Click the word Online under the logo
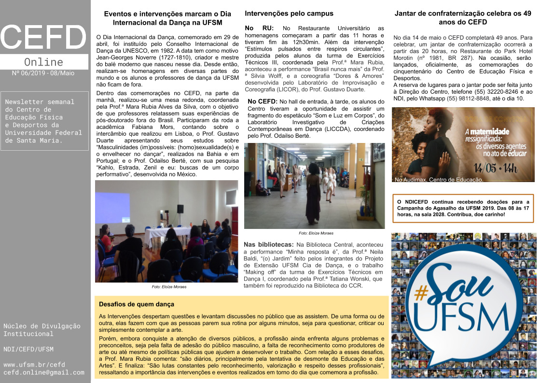pos(43,62)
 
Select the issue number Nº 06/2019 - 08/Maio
pos(43,73)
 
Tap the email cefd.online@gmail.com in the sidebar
pos(44,372)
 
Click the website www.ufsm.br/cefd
pos(34,364)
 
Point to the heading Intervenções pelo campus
pos(289,14)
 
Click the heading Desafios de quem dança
pos(137,304)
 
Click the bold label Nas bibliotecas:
pos(268,244)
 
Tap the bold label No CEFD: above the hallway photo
pos(263,101)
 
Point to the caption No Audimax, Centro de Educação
pos(439,180)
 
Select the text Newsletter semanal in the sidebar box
pos(40,102)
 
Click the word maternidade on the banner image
pos(488,131)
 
